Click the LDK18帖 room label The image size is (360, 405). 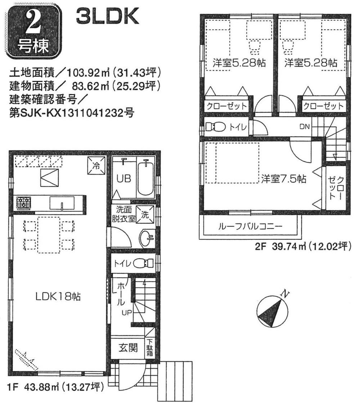58,297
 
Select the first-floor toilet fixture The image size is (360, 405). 141,264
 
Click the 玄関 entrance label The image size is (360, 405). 128,348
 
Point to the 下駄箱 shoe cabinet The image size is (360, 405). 150,348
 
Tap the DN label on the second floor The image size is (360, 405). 304,127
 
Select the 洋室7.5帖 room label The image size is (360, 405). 284,178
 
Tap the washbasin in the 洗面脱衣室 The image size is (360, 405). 147,237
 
